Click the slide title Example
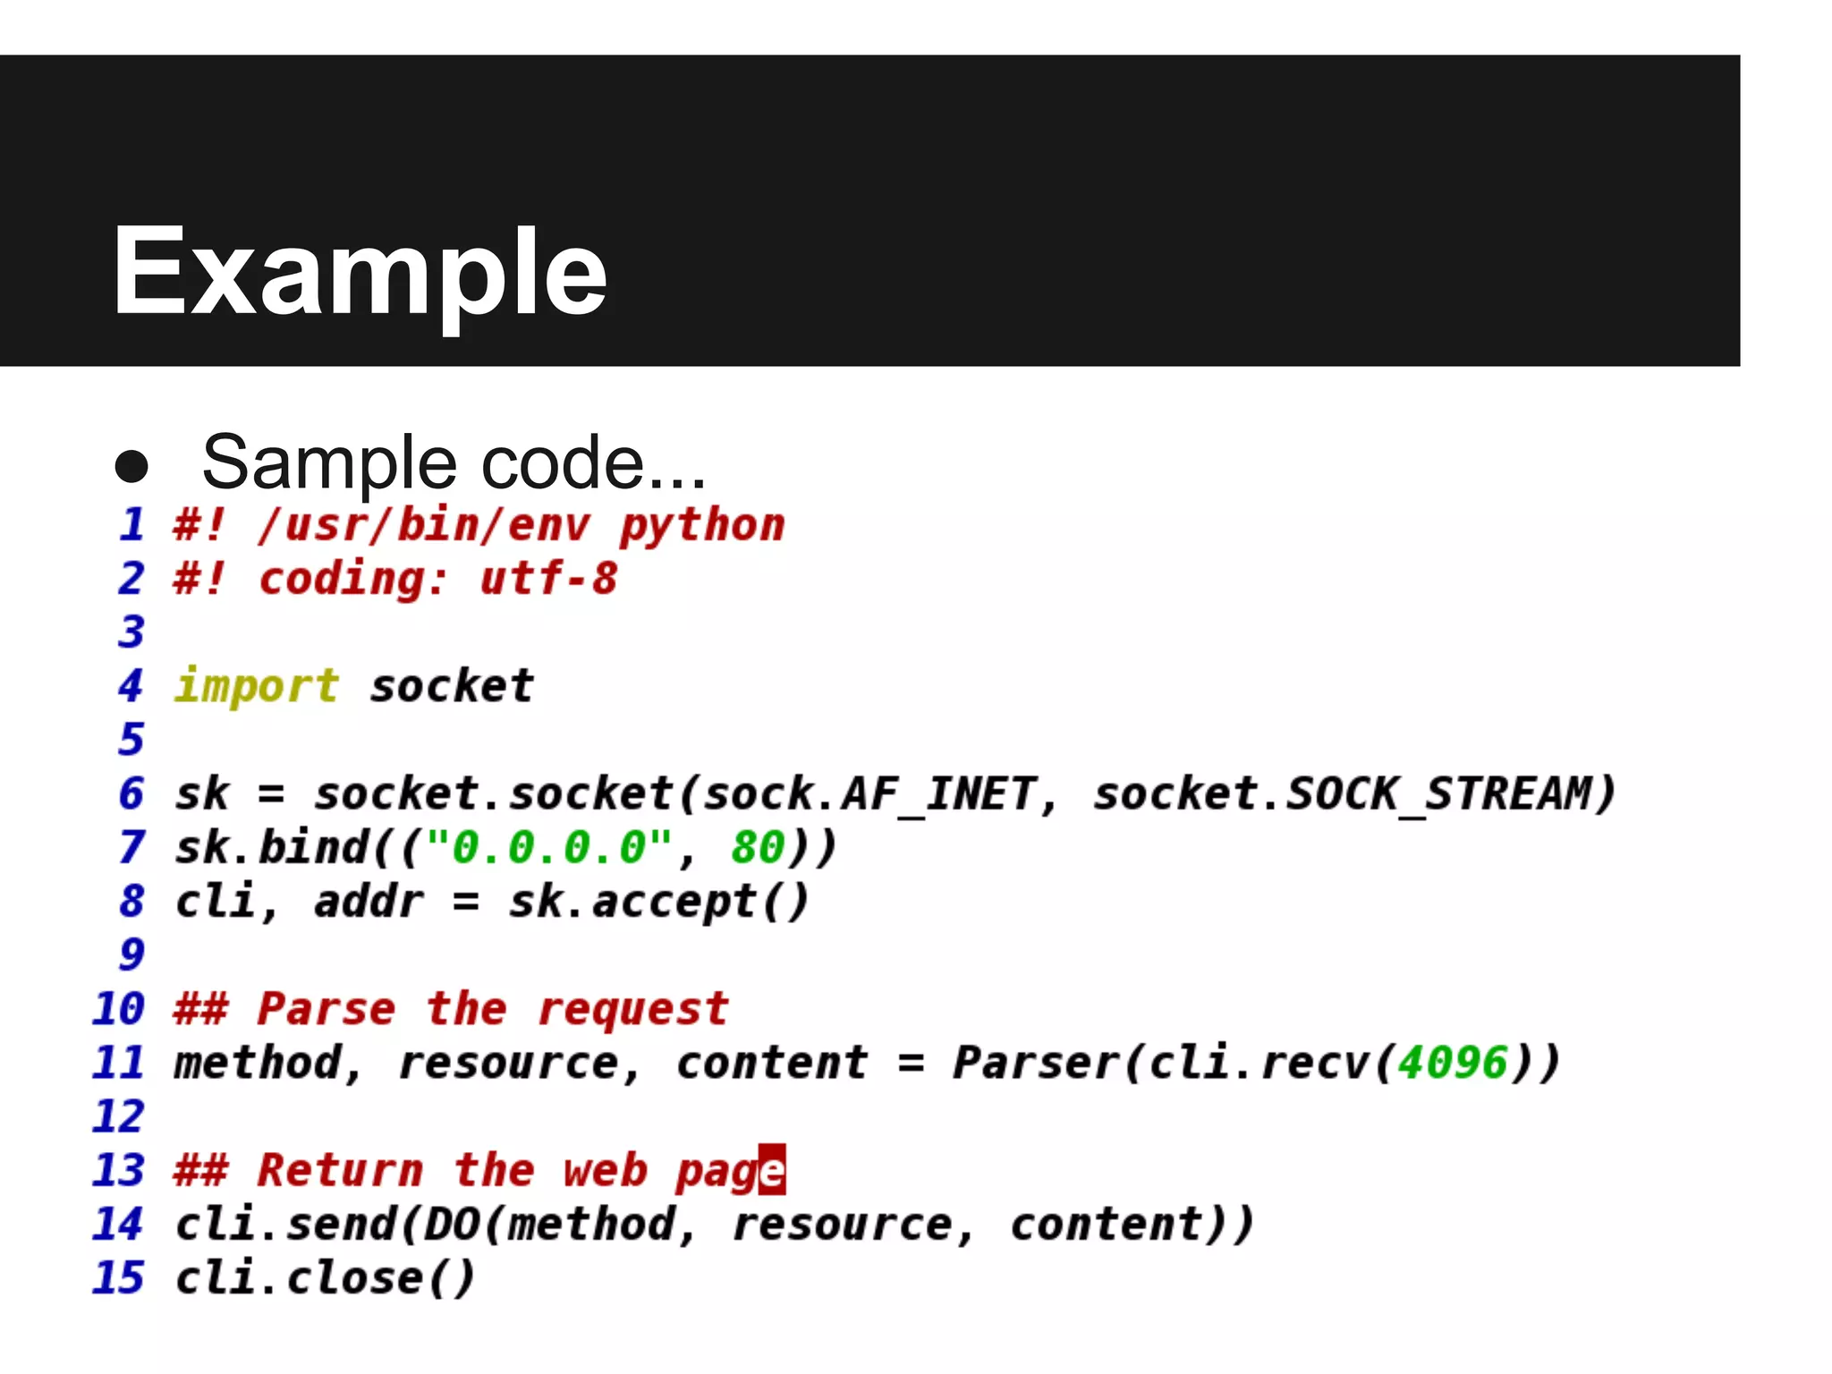pyautogui.click(x=360, y=272)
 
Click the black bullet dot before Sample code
pyautogui.click(x=131, y=465)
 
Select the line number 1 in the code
pyautogui.click(x=132, y=524)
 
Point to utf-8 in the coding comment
pyautogui.click(x=548, y=579)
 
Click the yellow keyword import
pyautogui.click(x=257, y=687)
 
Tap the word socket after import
pyautogui.click(x=452, y=686)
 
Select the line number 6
pyautogui.click(x=131, y=793)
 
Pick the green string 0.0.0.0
pyautogui.click(x=548, y=847)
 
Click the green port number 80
pyautogui.click(x=757, y=847)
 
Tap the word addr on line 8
pyautogui.click(x=369, y=902)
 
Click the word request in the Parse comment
pyautogui.click(x=633, y=1010)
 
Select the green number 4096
pyautogui.click(x=1454, y=1063)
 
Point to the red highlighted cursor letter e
pyautogui.click(x=772, y=1170)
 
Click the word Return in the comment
pyautogui.click(x=340, y=1170)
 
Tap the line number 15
pyautogui.click(x=118, y=1277)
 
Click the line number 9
pyautogui.click(x=131, y=954)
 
